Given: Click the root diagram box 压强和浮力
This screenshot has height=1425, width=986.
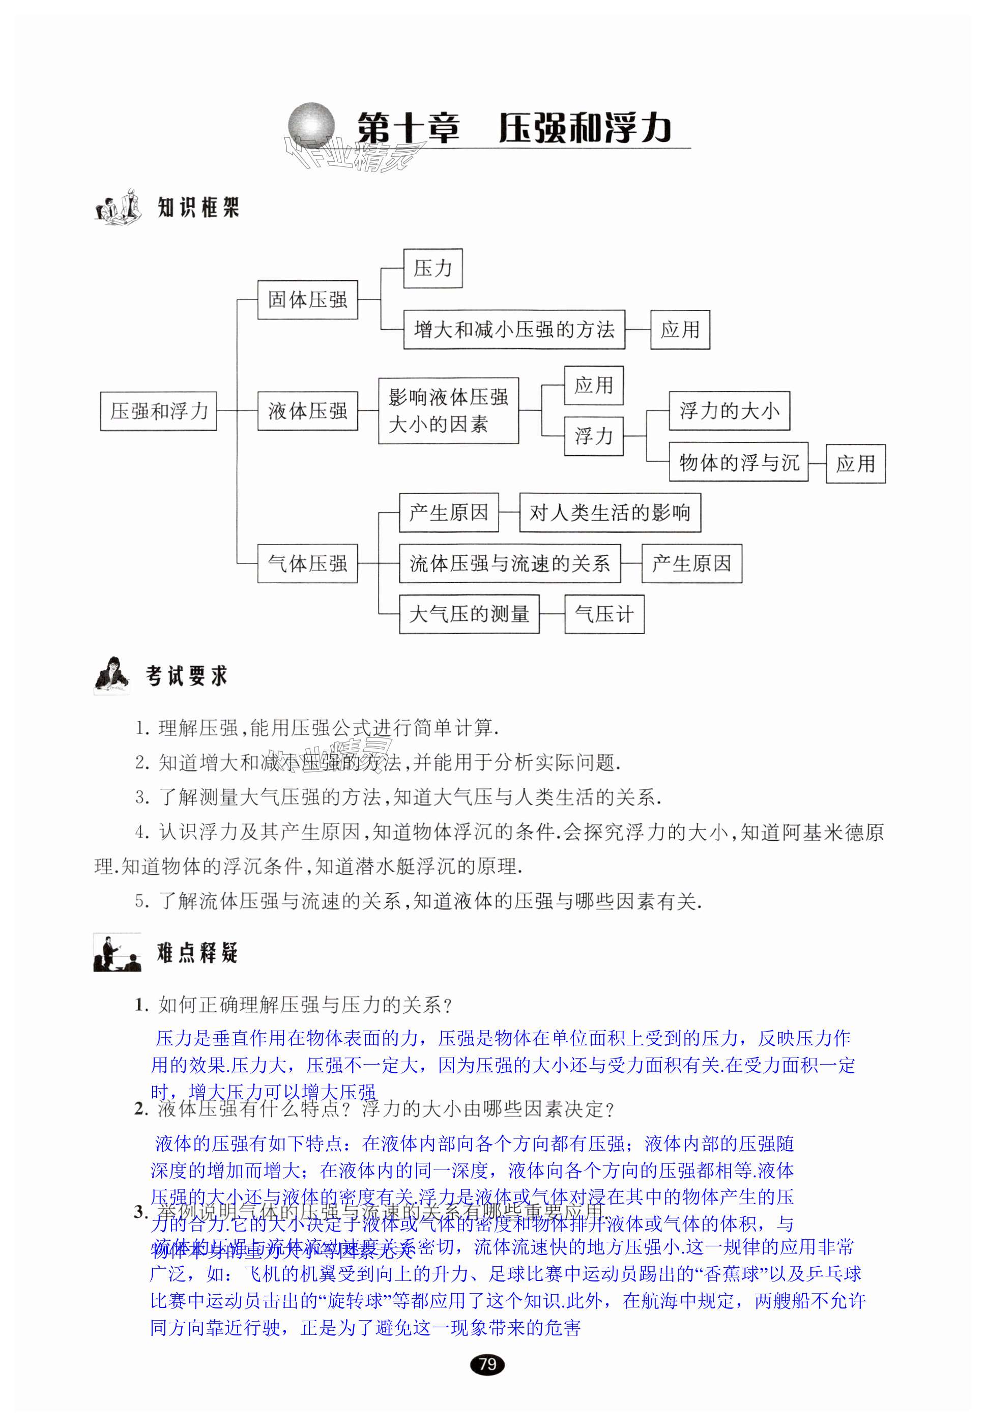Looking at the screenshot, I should point(158,411).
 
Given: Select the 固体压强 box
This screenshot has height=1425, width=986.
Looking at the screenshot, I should point(307,300).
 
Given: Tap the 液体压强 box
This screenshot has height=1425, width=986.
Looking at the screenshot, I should point(307,411).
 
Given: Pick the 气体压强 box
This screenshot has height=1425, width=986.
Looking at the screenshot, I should point(307,563).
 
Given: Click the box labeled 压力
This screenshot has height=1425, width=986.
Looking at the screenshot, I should point(432,268).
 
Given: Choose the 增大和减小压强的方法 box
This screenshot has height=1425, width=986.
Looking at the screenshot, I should point(514,330).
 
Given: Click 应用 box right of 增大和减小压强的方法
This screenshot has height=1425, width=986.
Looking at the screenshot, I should point(680,330).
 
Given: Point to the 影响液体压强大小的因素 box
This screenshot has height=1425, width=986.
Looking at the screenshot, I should point(448,411).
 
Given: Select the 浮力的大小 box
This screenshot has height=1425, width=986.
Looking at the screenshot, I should point(729,411).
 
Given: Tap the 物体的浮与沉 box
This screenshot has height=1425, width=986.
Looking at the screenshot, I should point(738,462).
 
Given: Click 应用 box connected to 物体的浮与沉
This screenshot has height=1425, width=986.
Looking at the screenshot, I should point(856,464).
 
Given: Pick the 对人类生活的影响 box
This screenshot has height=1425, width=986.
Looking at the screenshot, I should point(610,512).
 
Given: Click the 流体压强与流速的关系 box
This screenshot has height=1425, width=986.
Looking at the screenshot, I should point(510,563).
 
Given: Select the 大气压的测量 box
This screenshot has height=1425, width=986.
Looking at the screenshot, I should point(469,614).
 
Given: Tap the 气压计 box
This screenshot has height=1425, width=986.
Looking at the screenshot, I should point(604,614).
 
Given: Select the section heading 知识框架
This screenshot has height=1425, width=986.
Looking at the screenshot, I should point(198,208).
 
